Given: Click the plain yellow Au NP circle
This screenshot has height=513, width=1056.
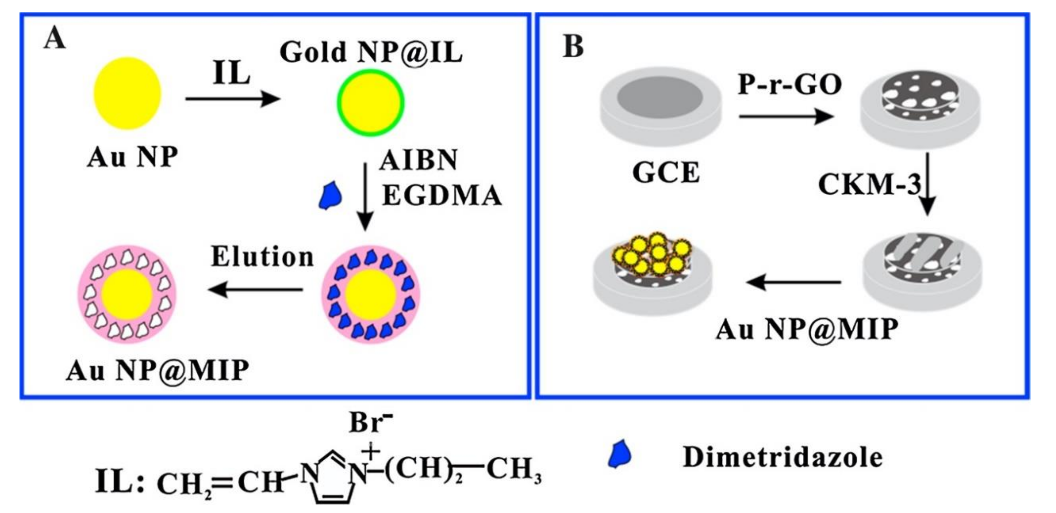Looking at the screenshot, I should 127,93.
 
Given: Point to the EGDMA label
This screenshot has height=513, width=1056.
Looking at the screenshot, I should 442,195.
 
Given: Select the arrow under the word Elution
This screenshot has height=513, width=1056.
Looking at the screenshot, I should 256,290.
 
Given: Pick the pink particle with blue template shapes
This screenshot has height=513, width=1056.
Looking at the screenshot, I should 371,294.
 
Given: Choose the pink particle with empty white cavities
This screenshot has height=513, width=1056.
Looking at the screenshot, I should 127,294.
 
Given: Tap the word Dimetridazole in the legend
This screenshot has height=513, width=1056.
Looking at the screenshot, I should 782,457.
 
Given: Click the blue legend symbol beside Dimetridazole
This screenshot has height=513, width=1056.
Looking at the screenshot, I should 619,454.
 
